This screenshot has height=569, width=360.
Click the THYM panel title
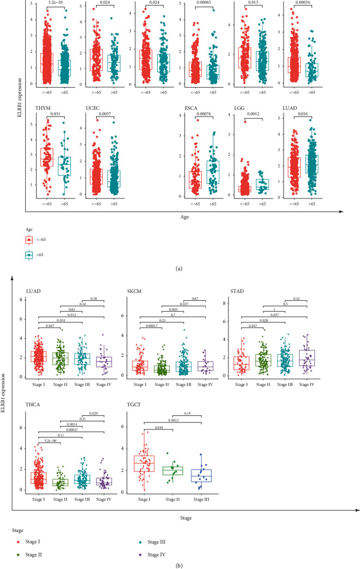(42, 108)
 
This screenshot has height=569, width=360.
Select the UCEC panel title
(93, 108)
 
